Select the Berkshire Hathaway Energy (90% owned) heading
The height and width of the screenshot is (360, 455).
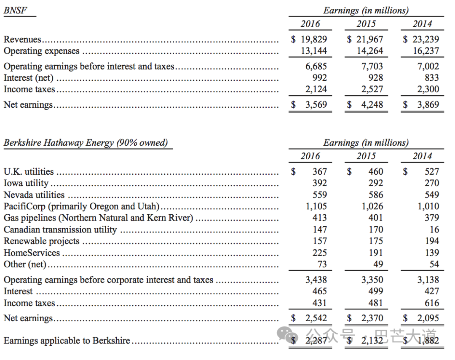tap(86, 143)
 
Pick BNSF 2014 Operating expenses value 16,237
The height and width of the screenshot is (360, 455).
tap(426, 51)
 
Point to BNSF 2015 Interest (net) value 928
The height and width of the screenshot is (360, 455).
tap(375, 78)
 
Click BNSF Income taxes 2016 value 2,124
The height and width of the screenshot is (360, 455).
tap(316, 89)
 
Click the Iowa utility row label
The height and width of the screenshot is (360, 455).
tap(26, 183)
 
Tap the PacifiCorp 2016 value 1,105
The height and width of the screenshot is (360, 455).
tap(316, 206)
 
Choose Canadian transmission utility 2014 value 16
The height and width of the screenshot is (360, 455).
tap(434, 229)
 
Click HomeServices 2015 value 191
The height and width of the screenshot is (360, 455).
tap(375, 253)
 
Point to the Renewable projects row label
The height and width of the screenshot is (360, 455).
tap(41, 241)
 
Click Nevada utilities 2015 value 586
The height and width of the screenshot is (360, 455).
tap(375, 195)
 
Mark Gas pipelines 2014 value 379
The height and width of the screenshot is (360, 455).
tap(431, 218)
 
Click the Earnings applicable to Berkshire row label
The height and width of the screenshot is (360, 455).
tap(67, 341)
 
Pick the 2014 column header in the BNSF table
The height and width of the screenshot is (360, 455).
tap(422, 24)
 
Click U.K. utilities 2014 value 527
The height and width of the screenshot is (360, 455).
tap(431, 172)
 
